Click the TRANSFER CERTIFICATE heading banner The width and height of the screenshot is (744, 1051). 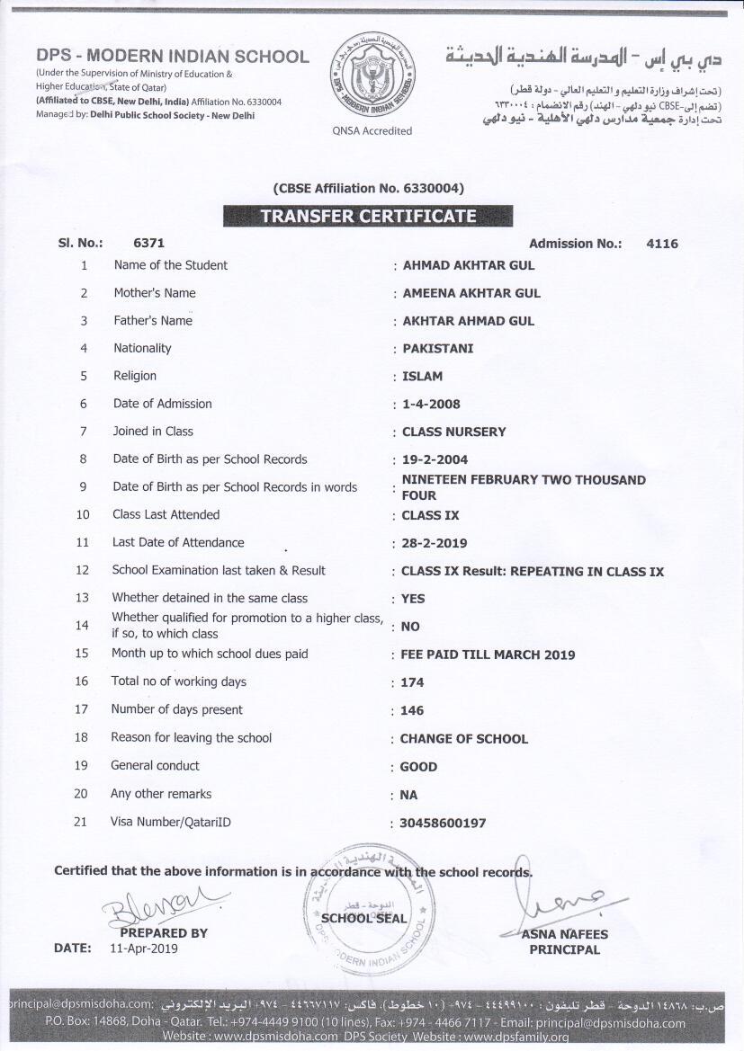click(368, 216)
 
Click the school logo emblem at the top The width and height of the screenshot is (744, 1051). click(372, 76)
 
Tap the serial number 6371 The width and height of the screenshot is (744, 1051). click(148, 243)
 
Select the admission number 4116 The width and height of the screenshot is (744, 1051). click(662, 244)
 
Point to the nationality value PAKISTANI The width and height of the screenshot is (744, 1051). click(437, 349)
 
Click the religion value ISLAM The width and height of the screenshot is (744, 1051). click(422, 377)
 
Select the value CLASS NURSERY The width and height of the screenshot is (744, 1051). click(453, 432)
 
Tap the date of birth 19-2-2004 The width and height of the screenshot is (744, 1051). click(435, 460)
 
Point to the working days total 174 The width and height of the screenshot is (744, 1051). click(412, 683)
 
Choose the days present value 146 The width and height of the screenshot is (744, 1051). click(412, 711)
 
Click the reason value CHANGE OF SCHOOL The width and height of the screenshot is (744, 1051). click(463, 739)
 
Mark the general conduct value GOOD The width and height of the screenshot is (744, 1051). click(418, 767)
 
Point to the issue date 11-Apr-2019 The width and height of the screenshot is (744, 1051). click(144, 949)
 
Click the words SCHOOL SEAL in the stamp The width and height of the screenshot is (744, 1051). click(364, 919)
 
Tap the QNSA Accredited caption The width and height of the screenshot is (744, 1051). click(372, 131)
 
